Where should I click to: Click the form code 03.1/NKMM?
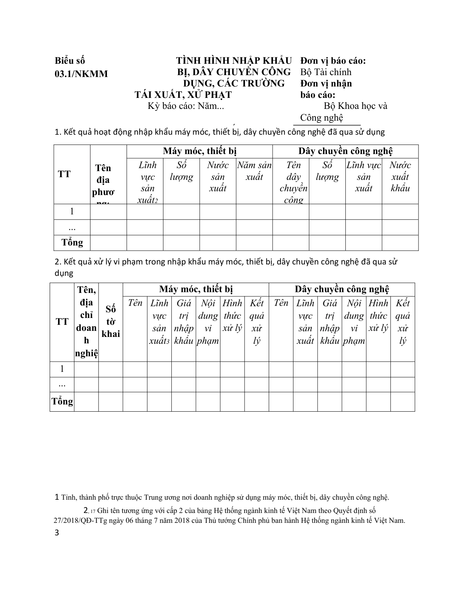pyautogui.click(x=81, y=74)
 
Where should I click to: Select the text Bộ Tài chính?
pyautogui.click(x=326, y=72)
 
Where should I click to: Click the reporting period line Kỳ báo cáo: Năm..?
pyautogui.click(x=186, y=106)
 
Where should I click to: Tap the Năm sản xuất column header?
pyautogui.click(x=254, y=171)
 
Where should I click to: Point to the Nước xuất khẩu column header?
pyautogui.click(x=400, y=176)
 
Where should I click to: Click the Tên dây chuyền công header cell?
pyautogui.click(x=293, y=182)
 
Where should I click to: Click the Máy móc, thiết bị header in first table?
pyautogui.click(x=199, y=151)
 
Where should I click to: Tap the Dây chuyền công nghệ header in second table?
pyautogui.click(x=342, y=289)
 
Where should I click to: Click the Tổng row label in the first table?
pyautogui.click(x=72, y=242)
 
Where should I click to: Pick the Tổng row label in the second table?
pyautogui.click(x=62, y=401)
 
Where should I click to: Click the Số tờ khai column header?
pyautogui.click(x=111, y=322)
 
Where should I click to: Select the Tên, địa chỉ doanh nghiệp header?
pyautogui.click(x=86, y=322)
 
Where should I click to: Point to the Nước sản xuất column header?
pyautogui.click(x=218, y=176)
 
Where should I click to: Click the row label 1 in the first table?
pyautogui.click(x=72, y=211)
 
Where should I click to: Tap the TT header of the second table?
pyautogui.click(x=62, y=322)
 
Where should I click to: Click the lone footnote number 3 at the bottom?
pyautogui.click(x=57, y=533)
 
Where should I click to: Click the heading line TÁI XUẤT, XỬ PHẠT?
pyautogui.click(x=183, y=94)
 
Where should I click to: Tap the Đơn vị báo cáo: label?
pyautogui.click(x=333, y=61)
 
